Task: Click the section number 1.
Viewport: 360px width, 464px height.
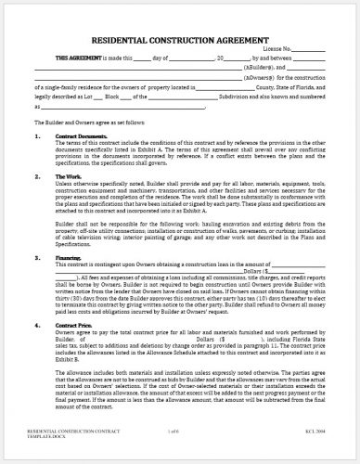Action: [38, 136]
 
